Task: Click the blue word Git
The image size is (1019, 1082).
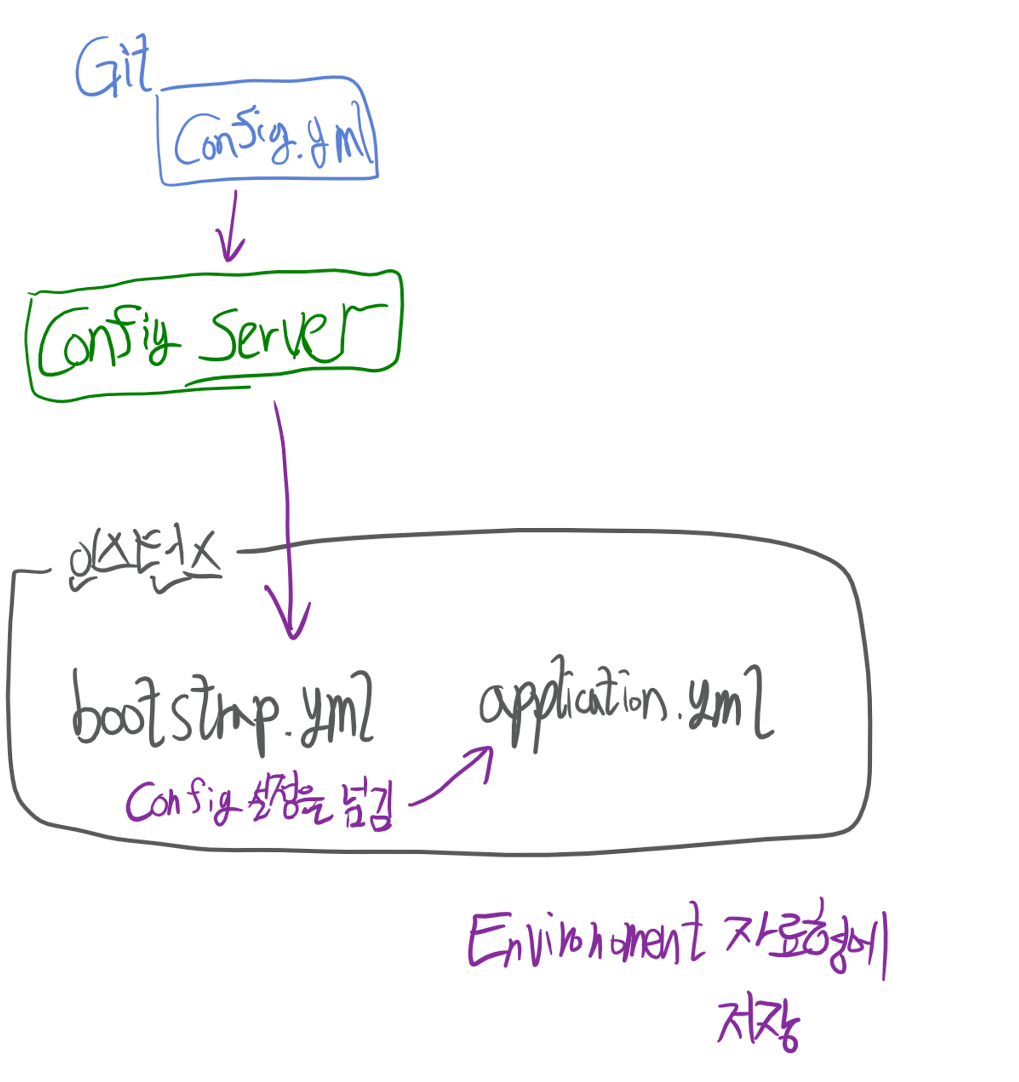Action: [x=113, y=66]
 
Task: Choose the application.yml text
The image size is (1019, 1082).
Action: [x=626, y=702]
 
